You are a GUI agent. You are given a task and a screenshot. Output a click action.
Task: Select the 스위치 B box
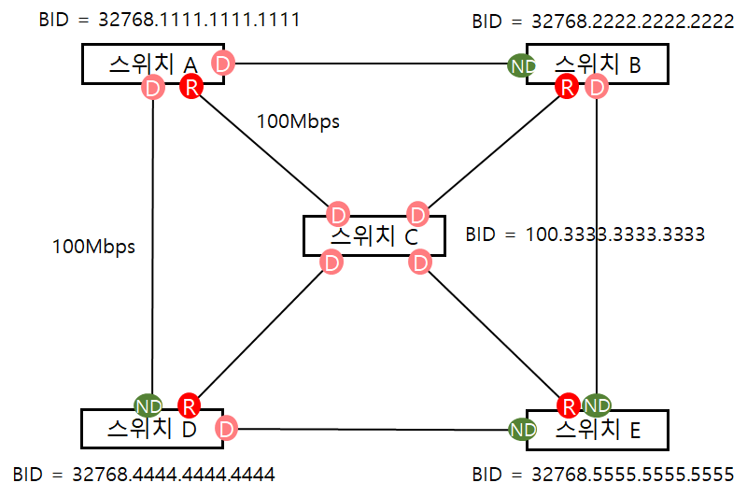[598, 64]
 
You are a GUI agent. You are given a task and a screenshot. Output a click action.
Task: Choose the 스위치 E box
[598, 430]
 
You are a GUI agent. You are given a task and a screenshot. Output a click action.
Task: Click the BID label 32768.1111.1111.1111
[169, 20]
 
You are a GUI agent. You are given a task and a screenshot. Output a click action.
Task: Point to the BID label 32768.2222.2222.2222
[602, 21]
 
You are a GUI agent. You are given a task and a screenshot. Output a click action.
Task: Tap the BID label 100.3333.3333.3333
[585, 234]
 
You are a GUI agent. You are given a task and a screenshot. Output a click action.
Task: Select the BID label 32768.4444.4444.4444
[144, 473]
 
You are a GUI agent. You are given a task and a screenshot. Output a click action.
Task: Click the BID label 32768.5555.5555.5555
[602, 473]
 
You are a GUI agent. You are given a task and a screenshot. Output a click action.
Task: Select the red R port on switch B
[567, 87]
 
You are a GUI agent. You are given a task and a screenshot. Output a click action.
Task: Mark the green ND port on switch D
[148, 405]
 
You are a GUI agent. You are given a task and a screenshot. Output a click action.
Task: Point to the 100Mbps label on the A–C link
[298, 121]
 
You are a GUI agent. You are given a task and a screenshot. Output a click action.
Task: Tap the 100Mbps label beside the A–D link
[93, 247]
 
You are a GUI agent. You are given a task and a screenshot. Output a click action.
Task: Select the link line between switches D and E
[373, 430]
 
